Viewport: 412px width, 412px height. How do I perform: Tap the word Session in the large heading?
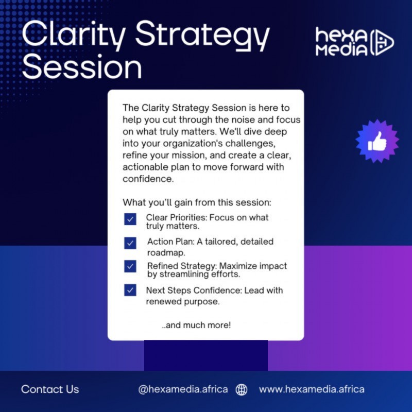pos(82,67)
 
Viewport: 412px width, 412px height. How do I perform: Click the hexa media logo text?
pos(341,42)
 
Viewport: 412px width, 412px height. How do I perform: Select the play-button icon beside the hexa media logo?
pos(382,42)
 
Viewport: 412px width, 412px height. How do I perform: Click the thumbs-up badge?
pos(377,141)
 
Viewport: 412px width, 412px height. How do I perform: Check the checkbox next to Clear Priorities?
pos(130,219)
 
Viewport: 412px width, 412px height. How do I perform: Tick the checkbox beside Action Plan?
pos(130,243)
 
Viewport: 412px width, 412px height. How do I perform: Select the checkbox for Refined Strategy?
pos(130,267)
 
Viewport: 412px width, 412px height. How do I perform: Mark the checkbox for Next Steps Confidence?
pos(130,290)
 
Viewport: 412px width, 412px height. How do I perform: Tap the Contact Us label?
pos(50,389)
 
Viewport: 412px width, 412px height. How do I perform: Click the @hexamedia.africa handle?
pos(183,389)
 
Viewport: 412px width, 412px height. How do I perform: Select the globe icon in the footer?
pos(241,390)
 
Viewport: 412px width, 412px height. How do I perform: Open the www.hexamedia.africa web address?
pos(311,389)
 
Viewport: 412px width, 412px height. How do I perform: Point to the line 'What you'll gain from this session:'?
pos(197,202)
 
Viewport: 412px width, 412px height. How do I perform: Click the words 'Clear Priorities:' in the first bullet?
pos(176,217)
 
